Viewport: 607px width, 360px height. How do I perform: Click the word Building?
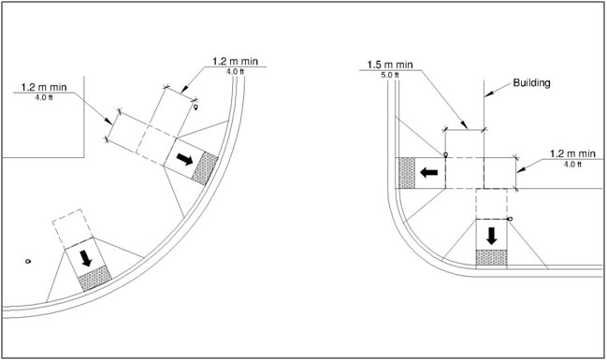[x=531, y=83]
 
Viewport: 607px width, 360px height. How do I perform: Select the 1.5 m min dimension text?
[x=390, y=65]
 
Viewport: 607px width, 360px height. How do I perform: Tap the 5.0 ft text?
[x=390, y=75]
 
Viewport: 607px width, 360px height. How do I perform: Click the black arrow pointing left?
[x=429, y=173]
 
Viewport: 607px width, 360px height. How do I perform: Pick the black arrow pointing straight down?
[x=492, y=237]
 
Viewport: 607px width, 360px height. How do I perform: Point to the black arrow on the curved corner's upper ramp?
[x=184, y=159]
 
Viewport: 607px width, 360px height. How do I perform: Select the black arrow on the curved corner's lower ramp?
[x=86, y=258]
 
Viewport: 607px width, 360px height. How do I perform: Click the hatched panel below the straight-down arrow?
[x=491, y=258]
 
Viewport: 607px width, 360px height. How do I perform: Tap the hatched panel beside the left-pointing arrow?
[x=407, y=173]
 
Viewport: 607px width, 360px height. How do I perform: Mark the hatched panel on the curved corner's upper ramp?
[x=205, y=168]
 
